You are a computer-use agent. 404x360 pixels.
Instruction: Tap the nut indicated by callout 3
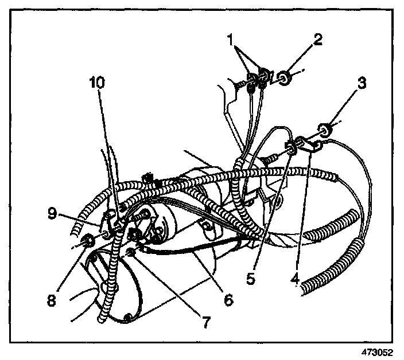click(324, 131)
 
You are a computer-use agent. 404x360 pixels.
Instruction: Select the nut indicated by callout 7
click(133, 252)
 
